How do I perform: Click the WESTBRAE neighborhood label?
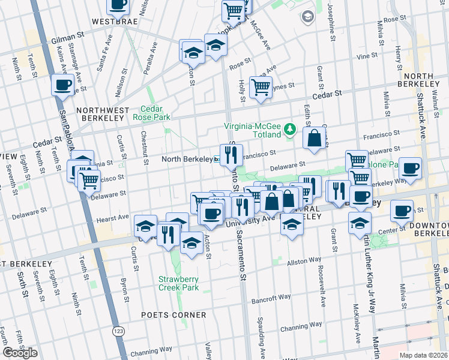click(112, 21)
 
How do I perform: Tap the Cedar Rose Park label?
click(156, 113)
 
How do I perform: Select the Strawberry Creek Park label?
click(178, 283)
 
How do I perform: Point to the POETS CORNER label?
click(174, 315)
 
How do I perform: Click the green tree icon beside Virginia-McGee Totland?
click(291, 128)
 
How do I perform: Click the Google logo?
click(20, 353)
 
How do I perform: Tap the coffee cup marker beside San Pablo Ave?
click(62, 85)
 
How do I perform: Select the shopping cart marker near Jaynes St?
click(261, 87)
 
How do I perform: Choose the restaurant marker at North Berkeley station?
click(231, 155)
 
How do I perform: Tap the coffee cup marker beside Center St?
click(402, 211)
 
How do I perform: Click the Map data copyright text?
click(424, 355)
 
